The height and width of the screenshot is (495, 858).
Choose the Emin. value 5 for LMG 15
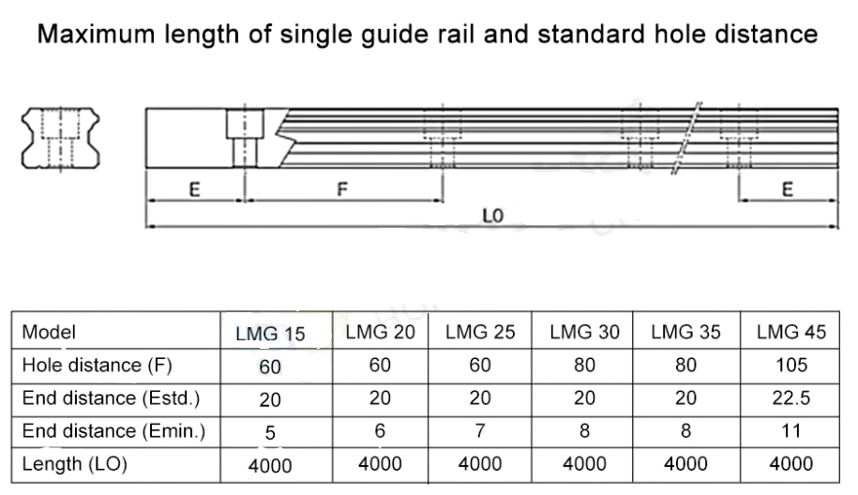pos(271,431)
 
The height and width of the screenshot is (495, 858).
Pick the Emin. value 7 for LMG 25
pos(480,431)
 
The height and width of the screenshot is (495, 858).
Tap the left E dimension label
pos(194,189)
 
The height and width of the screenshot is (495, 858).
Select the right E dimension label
pos(787,190)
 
